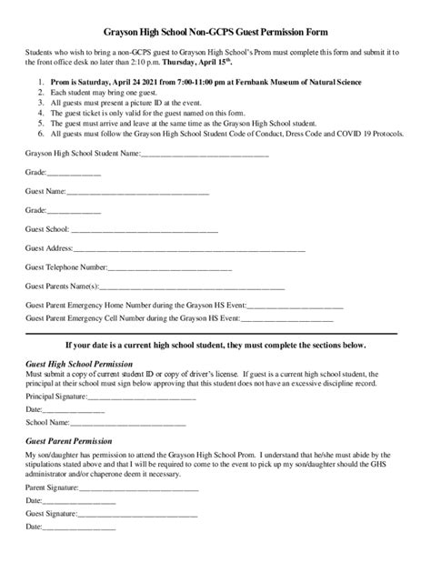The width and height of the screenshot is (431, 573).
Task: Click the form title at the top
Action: pyautogui.click(x=215, y=30)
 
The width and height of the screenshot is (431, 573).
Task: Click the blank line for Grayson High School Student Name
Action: pyautogui.click(x=205, y=155)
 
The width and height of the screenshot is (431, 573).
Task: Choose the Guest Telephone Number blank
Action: pyautogui.click(x=162, y=267)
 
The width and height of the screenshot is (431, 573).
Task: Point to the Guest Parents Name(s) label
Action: pyautogui.click(x=63, y=286)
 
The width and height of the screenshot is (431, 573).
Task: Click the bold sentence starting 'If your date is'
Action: pyautogui.click(x=216, y=346)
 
